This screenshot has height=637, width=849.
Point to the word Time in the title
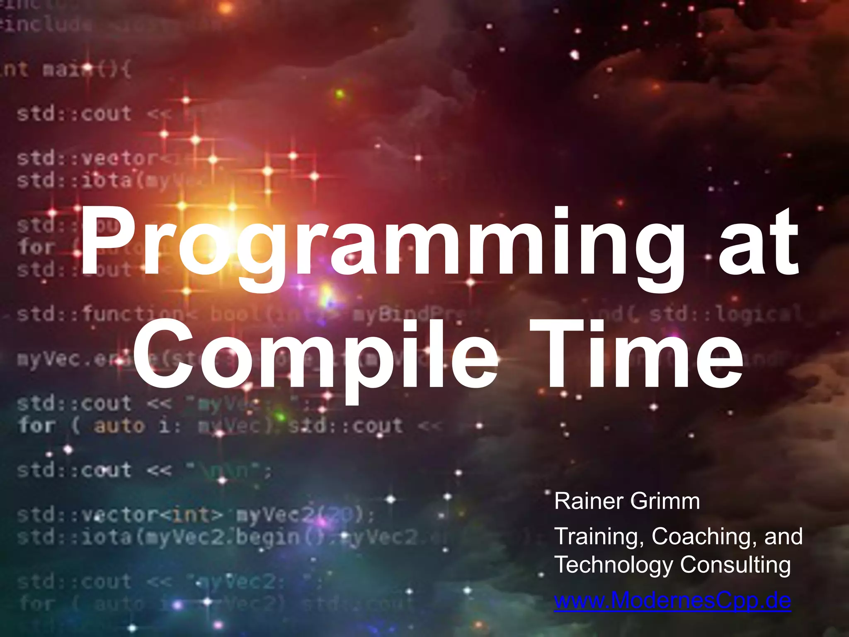pyautogui.click(x=636, y=355)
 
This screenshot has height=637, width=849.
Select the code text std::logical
pyautogui.click(x=725, y=314)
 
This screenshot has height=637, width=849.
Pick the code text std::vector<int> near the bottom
pyautogui.click(x=120, y=515)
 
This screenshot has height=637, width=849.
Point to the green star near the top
pyautogui.click(x=340, y=94)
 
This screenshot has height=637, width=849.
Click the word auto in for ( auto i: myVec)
pyautogui.click(x=119, y=426)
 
